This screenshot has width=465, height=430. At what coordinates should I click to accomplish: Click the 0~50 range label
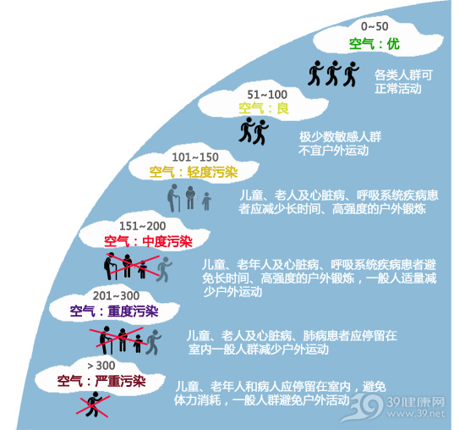(x=375, y=26)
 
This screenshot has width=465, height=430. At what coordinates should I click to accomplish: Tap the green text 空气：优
(x=375, y=44)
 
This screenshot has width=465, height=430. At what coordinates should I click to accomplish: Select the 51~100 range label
(x=267, y=95)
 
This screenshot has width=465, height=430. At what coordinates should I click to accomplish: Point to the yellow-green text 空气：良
(x=264, y=108)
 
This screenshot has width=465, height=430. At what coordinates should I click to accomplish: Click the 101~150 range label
(x=195, y=157)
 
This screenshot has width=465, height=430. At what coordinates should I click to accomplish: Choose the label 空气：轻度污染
(x=194, y=172)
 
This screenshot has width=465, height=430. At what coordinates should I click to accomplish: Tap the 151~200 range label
(x=142, y=226)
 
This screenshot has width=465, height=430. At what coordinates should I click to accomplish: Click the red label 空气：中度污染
(x=148, y=242)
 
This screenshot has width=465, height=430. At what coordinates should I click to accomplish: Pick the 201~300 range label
(x=116, y=295)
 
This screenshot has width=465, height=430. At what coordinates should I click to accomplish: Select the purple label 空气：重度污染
(x=114, y=311)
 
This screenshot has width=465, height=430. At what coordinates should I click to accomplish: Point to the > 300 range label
(x=101, y=366)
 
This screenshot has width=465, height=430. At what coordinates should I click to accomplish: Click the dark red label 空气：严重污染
(x=101, y=381)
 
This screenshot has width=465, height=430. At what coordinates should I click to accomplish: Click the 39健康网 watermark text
(x=415, y=402)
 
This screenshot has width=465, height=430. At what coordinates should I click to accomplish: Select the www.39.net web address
(x=415, y=414)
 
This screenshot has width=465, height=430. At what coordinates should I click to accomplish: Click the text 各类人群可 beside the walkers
(x=403, y=74)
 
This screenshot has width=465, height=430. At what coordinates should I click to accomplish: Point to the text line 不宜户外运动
(x=334, y=151)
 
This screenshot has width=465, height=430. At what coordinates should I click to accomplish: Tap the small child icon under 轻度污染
(x=206, y=201)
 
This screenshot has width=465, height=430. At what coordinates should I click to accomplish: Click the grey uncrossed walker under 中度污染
(x=164, y=269)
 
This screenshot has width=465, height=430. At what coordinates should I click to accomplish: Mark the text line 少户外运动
(x=232, y=292)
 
